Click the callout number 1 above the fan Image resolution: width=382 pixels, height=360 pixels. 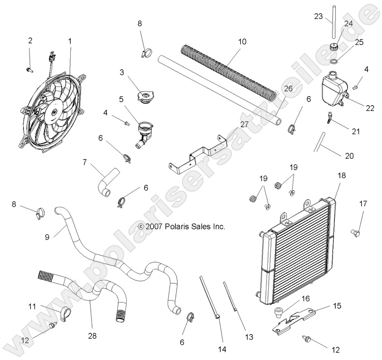click(x=70, y=41)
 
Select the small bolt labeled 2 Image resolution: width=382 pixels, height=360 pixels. click(x=30, y=69)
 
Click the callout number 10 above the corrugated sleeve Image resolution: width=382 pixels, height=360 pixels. click(x=242, y=42)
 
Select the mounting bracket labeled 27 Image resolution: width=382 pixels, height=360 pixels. click(x=199, y=154)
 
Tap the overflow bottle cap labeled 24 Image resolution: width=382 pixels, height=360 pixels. click(x=334, y=47)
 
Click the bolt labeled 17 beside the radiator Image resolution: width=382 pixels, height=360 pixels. click(x=355, y=233)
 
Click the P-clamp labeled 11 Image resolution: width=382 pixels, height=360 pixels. click(x=65, y=313)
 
